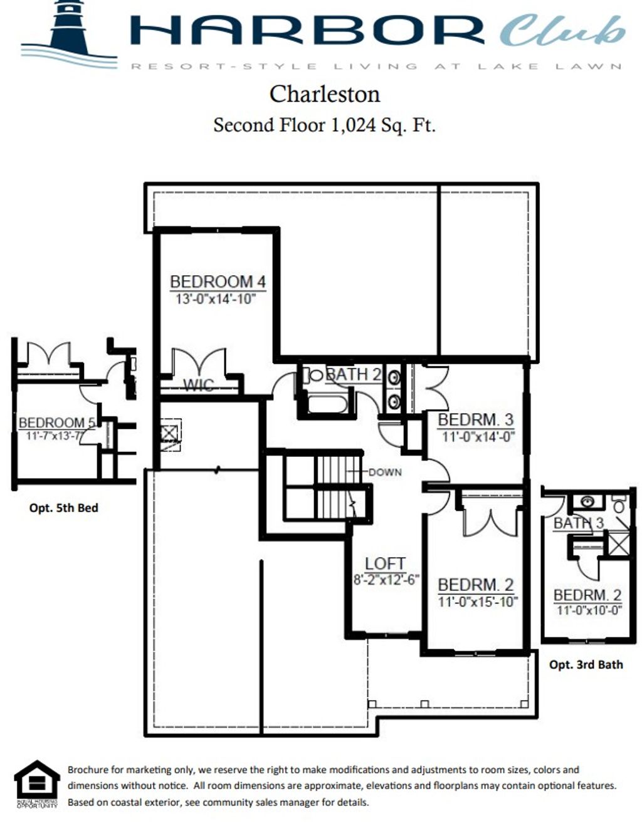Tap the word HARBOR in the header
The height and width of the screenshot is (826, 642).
click(x=307, y=30)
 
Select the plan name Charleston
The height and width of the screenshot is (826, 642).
click(x=324, y=94)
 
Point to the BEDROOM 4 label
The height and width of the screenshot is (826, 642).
click(x=218, y=282)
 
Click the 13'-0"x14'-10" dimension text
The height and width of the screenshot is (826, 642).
click(x=216, y=299)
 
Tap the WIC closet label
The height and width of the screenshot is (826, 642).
click(x=198, y=385)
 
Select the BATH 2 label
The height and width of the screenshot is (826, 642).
click(x=354, y=374)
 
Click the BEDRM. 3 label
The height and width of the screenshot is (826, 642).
click(x=475, y=420)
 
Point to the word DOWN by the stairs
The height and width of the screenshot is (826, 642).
click(x=385, y=472)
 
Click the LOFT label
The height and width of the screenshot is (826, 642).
click(x=385, y=563)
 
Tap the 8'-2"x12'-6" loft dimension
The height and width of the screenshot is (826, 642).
click(x=386, y=580)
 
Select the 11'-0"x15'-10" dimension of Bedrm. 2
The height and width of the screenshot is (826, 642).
click(x=477, y=602)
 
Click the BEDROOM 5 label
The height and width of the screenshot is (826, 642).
click(x=56, y=423)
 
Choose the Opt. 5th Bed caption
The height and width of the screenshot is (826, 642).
click(x=63, y=508)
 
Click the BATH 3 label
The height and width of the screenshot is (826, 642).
click(x=578, y=523)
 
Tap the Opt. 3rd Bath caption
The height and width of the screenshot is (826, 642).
click(x=586, y=664)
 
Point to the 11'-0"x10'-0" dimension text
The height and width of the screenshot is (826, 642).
click(x=589, y=610)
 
